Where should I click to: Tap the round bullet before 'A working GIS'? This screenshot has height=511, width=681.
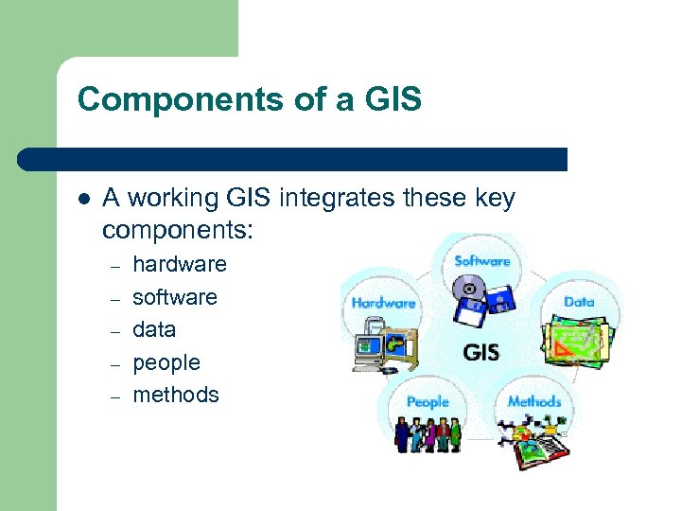coord(83,200)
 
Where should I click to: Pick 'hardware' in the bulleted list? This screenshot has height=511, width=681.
coord(180,264)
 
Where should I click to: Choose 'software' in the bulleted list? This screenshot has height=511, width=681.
coord(175,297)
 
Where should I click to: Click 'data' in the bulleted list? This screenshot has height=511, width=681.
coord(154,329)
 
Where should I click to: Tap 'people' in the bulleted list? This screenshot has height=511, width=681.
coord(166,362)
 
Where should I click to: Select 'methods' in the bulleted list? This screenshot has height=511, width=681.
coord(176,395)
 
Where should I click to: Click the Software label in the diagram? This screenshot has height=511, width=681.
coord(482,261)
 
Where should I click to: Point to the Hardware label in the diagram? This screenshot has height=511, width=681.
coord(383,304)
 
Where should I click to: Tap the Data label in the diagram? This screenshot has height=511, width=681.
coord(579,301)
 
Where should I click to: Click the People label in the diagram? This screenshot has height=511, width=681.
coord(428,402)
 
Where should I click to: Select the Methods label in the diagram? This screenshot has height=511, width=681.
coord(534,401)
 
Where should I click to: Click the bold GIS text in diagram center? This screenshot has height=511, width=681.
coord(480,354)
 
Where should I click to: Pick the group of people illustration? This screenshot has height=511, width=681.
coord(428,434)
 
